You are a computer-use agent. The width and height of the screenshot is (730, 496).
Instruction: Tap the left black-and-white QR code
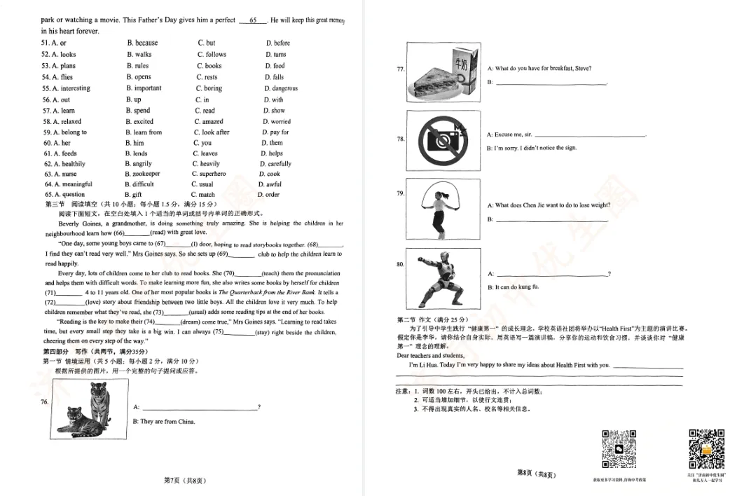tap(619, 448)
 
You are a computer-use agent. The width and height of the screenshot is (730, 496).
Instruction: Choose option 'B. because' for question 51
tap(142, 43)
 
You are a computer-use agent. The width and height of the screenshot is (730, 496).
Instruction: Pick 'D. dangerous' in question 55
tap(281, 89)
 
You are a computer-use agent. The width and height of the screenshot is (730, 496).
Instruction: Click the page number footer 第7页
tap(185, 481)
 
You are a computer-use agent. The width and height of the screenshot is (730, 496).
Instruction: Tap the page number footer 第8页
tap(536, 474)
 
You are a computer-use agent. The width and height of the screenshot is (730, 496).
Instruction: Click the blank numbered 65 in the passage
tap(253, 20)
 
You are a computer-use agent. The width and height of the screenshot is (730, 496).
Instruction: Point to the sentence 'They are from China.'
tap(164, 422)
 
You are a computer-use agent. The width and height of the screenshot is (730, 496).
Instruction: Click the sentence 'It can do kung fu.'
tap(514, 287)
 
